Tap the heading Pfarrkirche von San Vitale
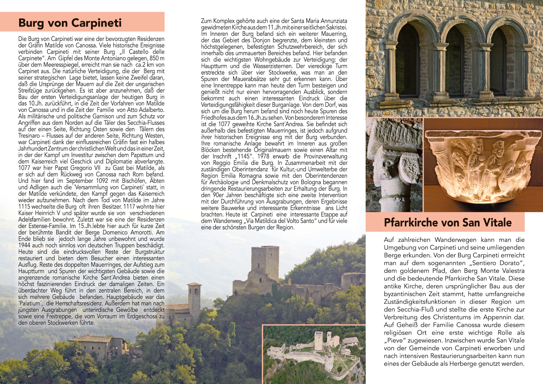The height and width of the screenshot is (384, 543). (447, 223)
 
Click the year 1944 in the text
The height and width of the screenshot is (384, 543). (24, 245)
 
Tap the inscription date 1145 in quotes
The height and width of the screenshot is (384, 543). (244, 157)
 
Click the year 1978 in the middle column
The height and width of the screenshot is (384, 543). (264, 157)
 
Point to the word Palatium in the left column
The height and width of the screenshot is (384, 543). (30, 304)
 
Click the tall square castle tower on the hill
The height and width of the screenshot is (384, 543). (265, 261)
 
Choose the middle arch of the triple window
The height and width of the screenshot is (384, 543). (454, 61)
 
